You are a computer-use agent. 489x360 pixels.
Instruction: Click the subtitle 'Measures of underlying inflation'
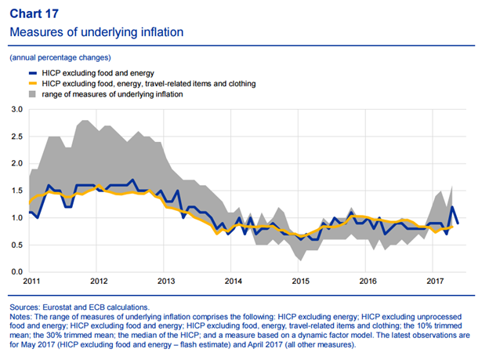pos(96,32)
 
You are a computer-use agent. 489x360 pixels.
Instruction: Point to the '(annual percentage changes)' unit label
pos(60,57)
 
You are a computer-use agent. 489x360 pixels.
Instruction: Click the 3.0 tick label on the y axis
pos(16,109)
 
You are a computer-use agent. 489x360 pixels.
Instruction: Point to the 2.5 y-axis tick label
pos(16,136)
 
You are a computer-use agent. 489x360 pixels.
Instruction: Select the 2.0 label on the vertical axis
pos(16,163)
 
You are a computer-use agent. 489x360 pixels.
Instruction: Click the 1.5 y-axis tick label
pos(16,191)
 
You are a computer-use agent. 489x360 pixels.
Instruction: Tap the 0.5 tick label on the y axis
pos(16,245)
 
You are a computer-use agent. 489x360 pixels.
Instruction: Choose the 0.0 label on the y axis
pos(16,271)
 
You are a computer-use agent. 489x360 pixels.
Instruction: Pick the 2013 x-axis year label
pos(165,281)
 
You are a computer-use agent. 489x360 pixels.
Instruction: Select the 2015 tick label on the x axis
pos(300,281)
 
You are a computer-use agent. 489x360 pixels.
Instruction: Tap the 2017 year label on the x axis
pos(435,281)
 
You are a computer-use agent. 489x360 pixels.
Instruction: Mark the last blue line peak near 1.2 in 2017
pos(452,207)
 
